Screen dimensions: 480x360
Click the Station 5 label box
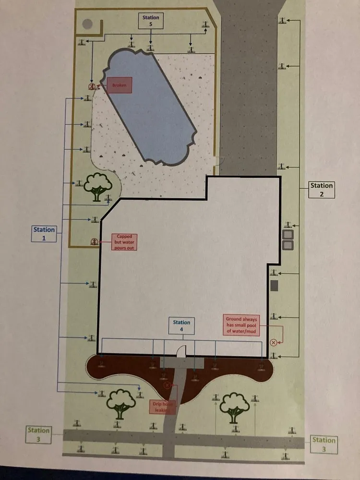(x=151, y=20)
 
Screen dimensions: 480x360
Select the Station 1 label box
(x=44, y=233)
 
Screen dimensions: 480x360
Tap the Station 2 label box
(x=321, y=189)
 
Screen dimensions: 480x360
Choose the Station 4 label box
(x=181, y=326)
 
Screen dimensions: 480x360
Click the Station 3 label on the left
(x=38, y=434)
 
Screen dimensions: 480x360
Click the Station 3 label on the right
(x=324, y=444)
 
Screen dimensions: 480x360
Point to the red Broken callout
(x=119, y=85)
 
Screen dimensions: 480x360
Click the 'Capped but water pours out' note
(x=124, y=242)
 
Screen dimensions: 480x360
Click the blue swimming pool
(x=151, y=108)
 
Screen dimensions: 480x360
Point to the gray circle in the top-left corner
(x=87, y=24)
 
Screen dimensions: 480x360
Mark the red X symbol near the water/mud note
(x=273, y=342)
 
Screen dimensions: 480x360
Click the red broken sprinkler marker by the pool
(x=91, y=86)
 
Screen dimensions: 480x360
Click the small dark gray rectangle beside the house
(x=275, y=286)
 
